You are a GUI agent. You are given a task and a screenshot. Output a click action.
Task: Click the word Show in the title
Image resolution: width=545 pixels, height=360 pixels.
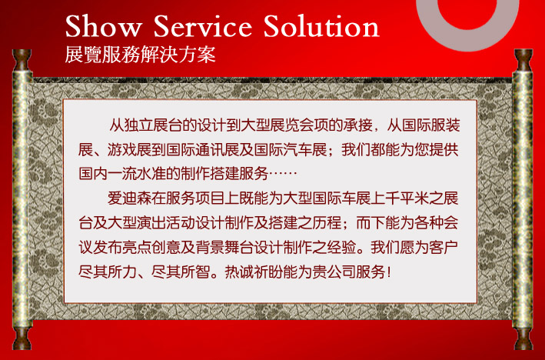click(x=104, y=25)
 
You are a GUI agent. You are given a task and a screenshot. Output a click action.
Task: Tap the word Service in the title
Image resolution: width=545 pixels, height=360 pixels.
click(x=203, y=25)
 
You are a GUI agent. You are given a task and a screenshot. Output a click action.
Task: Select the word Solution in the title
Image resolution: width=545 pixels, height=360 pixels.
click(x=321, y=25)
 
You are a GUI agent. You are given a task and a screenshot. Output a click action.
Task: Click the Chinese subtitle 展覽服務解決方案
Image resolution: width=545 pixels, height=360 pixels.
click(x=140, y=55)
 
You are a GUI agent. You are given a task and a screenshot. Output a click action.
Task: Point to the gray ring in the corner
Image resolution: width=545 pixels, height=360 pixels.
click(x=426, y=21)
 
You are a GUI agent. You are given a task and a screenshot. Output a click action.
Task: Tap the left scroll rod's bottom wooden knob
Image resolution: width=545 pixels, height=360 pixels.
click(x=22, y=338)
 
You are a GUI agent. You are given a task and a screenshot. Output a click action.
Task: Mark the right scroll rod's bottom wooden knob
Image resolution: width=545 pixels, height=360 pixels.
click(x=523, y=338)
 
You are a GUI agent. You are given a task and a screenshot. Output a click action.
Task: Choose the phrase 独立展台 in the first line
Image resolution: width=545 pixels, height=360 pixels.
click(x=153, y=125)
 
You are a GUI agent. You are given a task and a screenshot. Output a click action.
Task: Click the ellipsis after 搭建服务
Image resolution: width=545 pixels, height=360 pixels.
click(x=283, y=174)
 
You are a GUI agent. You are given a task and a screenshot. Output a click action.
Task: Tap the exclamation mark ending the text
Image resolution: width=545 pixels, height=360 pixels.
click(x=389, y=272)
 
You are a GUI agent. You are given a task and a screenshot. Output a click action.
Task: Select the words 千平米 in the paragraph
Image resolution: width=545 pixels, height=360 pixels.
click(x=407, y=198)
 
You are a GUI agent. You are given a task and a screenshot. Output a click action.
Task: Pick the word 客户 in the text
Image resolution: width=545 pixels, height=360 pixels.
click(x=444, y=247)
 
